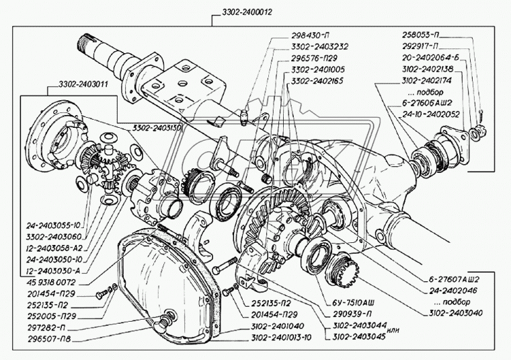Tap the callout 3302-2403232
(x=319, y=48)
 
